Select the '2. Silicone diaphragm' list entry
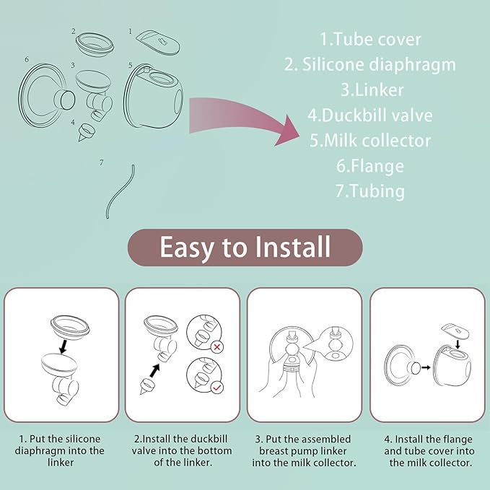click(369, 64)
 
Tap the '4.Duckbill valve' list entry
click(369, 115)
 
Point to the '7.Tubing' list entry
click(369, 191)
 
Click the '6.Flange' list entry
click(369, 165)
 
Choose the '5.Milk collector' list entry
click(369, 140)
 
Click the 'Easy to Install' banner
click(245, 248)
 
